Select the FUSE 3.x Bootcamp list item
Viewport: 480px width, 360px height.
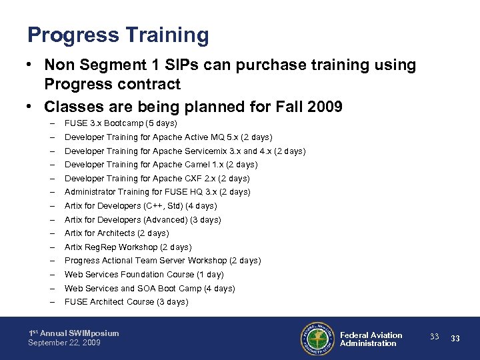(121, 123)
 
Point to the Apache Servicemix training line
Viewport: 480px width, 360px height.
(185, 151)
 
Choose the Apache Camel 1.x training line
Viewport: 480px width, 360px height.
(161, 165)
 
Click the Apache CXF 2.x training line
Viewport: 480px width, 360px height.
(157, 179)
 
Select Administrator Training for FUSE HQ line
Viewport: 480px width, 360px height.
(157, 192)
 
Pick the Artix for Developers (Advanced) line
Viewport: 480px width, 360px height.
(143, 220)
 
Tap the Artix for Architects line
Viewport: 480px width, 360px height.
(117, 233)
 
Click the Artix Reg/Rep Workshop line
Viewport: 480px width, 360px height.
(128, 247)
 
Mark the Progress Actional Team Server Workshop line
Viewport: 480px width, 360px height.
(163, 261)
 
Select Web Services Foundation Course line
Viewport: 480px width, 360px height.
(144, 275)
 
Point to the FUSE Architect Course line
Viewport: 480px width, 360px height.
(126, 302)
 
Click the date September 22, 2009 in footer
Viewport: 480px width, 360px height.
(64, 343)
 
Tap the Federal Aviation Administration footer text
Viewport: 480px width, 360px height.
(371, 339)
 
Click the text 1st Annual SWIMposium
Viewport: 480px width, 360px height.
(73, 333)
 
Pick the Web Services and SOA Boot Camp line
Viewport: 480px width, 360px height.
(149, 289)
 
